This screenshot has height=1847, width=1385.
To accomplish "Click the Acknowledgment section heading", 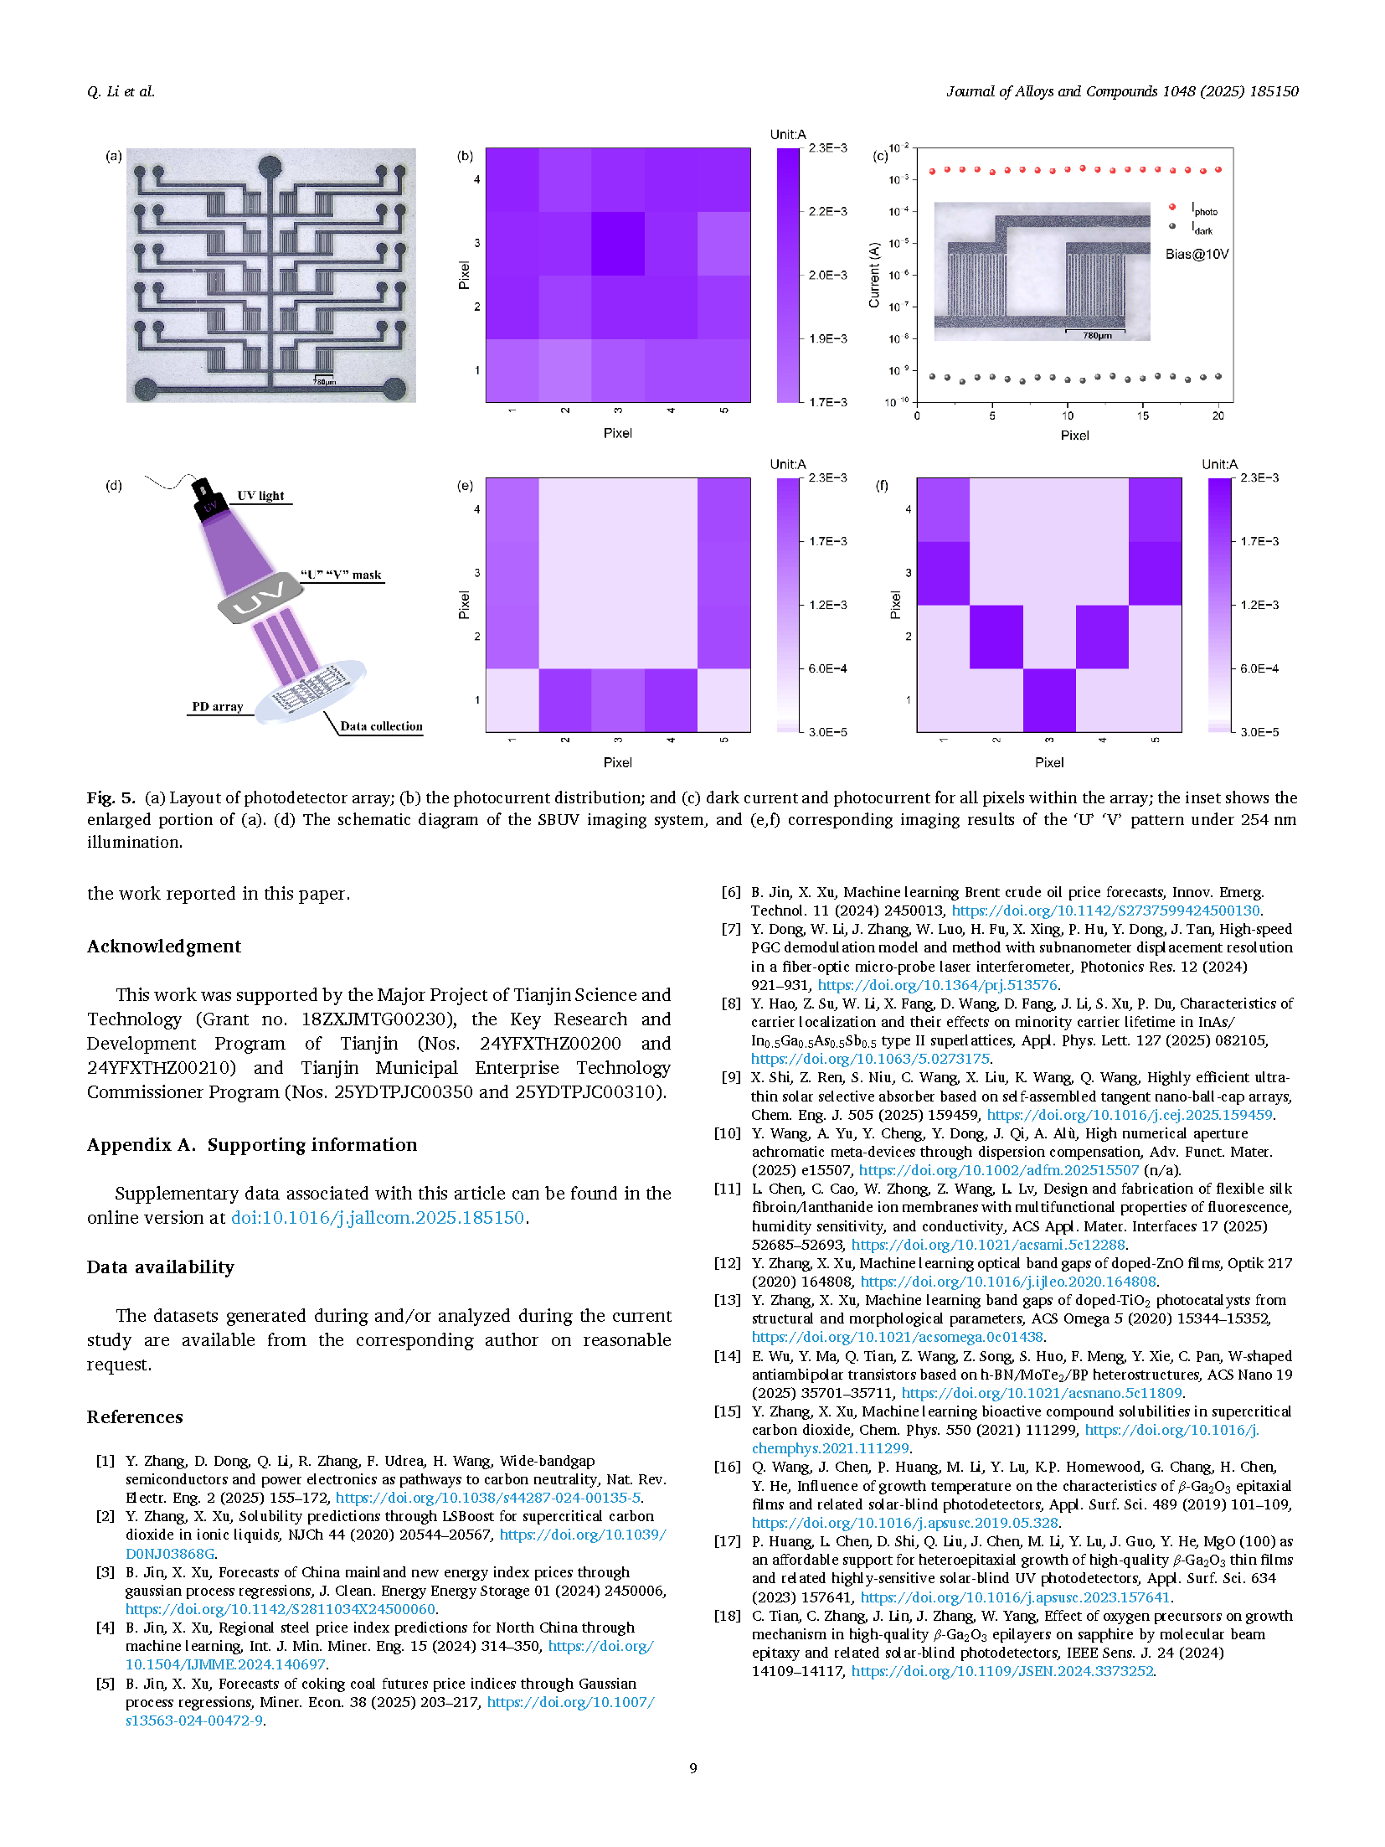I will (164, 947).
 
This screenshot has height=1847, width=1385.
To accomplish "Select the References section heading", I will (135, 1416).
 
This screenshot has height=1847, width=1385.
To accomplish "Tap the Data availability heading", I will (160, 1267).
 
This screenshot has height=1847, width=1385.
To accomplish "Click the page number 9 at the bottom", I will (692, 1767).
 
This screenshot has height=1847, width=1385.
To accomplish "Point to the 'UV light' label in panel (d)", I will (260, 495).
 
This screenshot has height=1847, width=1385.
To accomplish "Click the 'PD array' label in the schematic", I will (217, 706).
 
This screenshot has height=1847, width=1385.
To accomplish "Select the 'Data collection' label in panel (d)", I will (381, 726).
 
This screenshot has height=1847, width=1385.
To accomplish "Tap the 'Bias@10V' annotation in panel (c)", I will (1197, 254).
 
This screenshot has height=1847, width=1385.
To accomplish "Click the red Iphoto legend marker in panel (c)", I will (1171, 207).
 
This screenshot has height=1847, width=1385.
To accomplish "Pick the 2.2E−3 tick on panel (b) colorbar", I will (827, 211).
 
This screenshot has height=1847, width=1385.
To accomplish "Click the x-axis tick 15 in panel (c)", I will (1142, 415).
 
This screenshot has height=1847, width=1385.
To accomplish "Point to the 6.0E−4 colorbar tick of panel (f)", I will (1259, 668).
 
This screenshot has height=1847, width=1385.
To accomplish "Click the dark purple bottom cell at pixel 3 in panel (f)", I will (1049, 700).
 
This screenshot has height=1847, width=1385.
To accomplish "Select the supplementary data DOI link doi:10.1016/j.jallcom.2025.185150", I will (378, 1217).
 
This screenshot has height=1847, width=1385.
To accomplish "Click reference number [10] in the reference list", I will (727, 1133).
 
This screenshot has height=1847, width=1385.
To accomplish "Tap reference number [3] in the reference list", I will (105, 1572).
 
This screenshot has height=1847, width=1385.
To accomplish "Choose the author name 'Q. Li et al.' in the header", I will (121, 91).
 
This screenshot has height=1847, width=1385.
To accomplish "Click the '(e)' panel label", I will (465, 485).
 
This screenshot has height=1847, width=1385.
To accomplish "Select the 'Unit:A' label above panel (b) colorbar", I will (787, 134).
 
